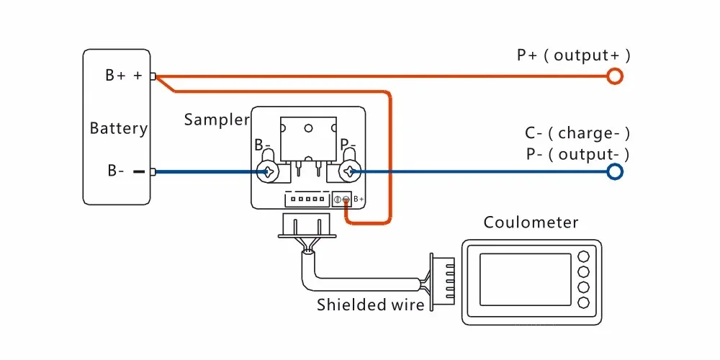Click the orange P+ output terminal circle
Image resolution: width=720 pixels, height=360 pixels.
[614, 76]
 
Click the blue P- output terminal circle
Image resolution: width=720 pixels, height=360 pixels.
[614, 171]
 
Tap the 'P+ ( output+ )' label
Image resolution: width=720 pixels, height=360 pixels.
[573, 55]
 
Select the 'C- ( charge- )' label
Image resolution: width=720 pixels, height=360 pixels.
[577, 133]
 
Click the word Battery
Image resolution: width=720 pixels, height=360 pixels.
[118, 129]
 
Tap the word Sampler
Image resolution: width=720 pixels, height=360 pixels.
[216, 120]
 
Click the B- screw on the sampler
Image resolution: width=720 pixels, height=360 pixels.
[268, 171]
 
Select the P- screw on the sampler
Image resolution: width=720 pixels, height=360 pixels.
[351, 171]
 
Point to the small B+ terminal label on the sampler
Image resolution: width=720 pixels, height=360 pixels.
[358, 199]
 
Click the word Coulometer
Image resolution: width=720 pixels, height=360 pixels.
[531, 222]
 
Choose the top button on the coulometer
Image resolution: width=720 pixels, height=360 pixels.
[585, 256]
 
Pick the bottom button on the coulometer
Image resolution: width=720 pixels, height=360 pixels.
[585, 302]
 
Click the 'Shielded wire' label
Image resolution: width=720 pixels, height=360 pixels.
[370, 305]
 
